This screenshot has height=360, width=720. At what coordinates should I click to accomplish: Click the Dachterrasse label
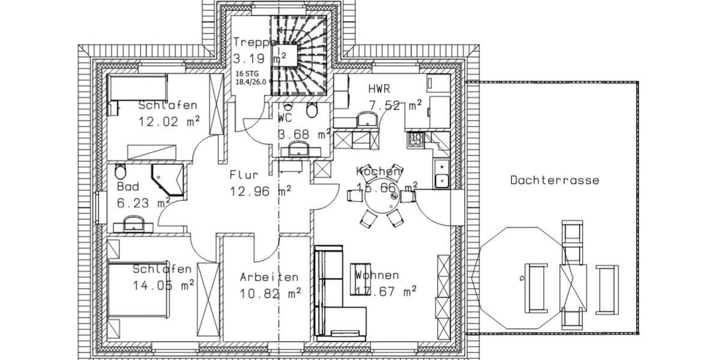554,180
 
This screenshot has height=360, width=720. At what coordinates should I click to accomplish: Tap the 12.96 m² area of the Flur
260,193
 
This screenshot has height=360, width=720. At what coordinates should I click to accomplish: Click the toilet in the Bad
119,172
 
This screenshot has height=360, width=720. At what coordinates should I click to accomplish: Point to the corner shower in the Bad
168,179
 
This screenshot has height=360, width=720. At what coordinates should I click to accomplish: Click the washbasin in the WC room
296,149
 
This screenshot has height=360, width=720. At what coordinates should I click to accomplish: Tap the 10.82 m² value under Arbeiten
270,293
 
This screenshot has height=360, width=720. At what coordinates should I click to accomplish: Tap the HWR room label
379,89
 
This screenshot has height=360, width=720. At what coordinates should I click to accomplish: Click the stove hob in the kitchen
415,139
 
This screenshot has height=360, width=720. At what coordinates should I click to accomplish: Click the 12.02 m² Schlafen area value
169,121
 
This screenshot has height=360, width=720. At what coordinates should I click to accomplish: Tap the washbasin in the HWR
366,119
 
